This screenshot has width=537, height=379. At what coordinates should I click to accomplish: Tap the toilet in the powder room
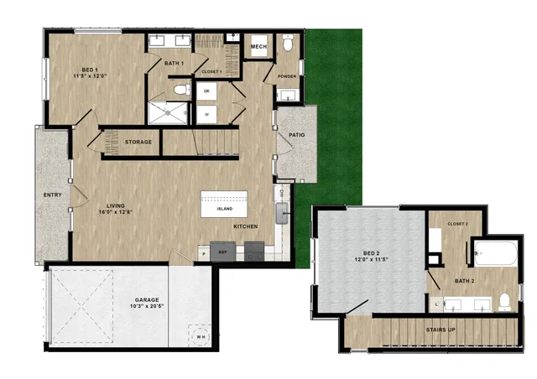pos(288,44)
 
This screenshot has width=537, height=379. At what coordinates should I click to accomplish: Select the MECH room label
pos(258,47)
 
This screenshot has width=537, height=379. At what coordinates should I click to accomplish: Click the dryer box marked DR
pos(206,91)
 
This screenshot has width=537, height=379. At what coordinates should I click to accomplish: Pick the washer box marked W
pos(206,112)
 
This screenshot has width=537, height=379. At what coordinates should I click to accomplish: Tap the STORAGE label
pos(138,142)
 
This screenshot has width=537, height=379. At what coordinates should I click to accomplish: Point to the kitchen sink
pos(283,216)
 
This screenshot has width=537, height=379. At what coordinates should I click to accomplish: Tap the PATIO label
pos(296,133)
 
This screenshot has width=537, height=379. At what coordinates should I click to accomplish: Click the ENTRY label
pos(53,195)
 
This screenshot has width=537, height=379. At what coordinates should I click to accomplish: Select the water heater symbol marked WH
pos(200,335)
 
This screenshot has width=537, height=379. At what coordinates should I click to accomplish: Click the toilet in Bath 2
pos(505,301)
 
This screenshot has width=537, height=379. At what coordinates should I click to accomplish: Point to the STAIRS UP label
pos(440,330)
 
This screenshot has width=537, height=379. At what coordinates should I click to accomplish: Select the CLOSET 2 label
pos(457,224)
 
